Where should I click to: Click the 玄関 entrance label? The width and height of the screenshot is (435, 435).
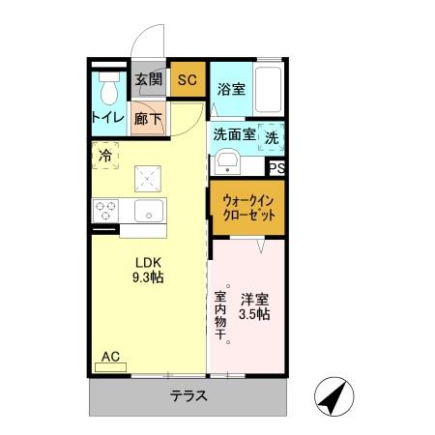[x=148, y=80]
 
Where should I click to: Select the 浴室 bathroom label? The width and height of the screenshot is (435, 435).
[x=230, y=90]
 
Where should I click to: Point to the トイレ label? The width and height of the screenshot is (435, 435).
[x=107, y=118]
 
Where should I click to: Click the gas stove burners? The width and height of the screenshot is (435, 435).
[x=107, y=210]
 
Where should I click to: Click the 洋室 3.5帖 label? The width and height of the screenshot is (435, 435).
[x=255, y=305]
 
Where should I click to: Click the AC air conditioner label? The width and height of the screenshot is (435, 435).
[x=110, y=357]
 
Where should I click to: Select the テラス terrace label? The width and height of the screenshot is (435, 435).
[x=190, y=394]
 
